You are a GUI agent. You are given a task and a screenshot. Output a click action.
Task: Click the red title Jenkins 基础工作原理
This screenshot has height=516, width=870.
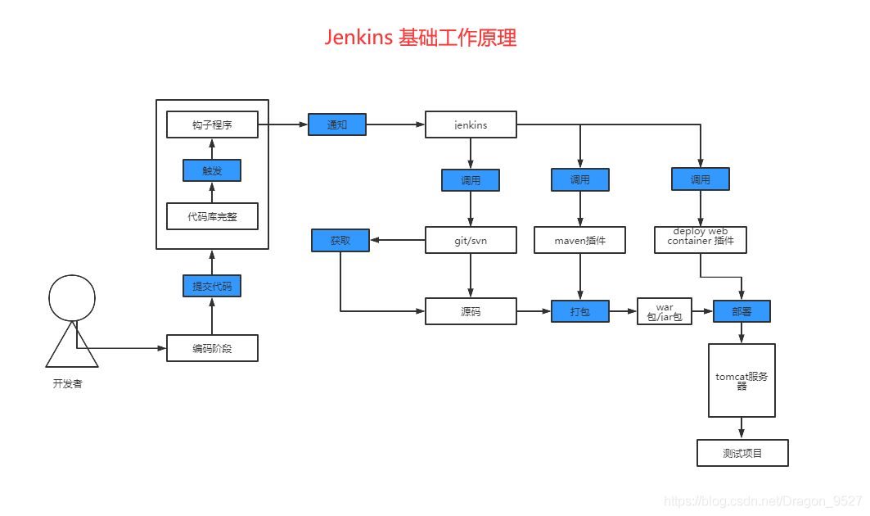click(421, 38)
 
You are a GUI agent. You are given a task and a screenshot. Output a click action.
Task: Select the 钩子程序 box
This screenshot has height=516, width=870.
click(212, 124)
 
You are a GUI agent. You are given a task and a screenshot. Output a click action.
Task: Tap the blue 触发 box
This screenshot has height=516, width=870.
click(212, 170)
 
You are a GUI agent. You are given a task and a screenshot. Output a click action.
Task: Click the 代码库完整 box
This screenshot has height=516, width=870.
click(212, 216)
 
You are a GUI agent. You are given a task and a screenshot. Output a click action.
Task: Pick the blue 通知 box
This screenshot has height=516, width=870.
click(337, 124)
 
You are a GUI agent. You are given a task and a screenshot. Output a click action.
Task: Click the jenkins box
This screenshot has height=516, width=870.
click(471, 124)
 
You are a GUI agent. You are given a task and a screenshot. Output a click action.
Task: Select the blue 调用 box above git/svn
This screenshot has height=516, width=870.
click(471, 180)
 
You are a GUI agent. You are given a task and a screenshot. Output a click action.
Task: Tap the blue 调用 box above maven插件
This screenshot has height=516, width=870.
click(580, 179)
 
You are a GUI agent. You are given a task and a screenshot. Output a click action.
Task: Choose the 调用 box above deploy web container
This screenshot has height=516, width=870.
click(701, 179)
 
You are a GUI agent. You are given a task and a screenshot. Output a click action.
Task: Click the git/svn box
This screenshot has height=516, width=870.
click(471, 240)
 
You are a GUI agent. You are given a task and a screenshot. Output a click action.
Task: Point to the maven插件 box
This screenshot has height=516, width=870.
click(580, 240)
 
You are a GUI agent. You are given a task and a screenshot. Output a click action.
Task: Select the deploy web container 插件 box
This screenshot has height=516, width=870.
click(701, 239)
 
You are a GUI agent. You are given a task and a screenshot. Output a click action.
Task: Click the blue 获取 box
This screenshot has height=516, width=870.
click(340, 240)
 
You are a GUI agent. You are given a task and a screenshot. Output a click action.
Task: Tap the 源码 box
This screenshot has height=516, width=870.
click(471, 311)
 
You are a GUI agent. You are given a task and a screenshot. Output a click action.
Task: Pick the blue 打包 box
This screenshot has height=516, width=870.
click(580, 311)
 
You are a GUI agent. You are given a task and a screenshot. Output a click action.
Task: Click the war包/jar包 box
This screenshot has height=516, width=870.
click(665, 311)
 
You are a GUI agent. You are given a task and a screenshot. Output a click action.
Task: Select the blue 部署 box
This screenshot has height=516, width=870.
click(742, 311)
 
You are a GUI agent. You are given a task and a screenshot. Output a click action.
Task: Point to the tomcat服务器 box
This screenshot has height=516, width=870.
click(742, 381)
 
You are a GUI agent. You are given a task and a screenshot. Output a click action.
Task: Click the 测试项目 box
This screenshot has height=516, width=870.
click(742, 453)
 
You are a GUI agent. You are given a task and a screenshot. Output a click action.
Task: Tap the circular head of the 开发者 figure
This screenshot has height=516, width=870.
click(73, 297)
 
